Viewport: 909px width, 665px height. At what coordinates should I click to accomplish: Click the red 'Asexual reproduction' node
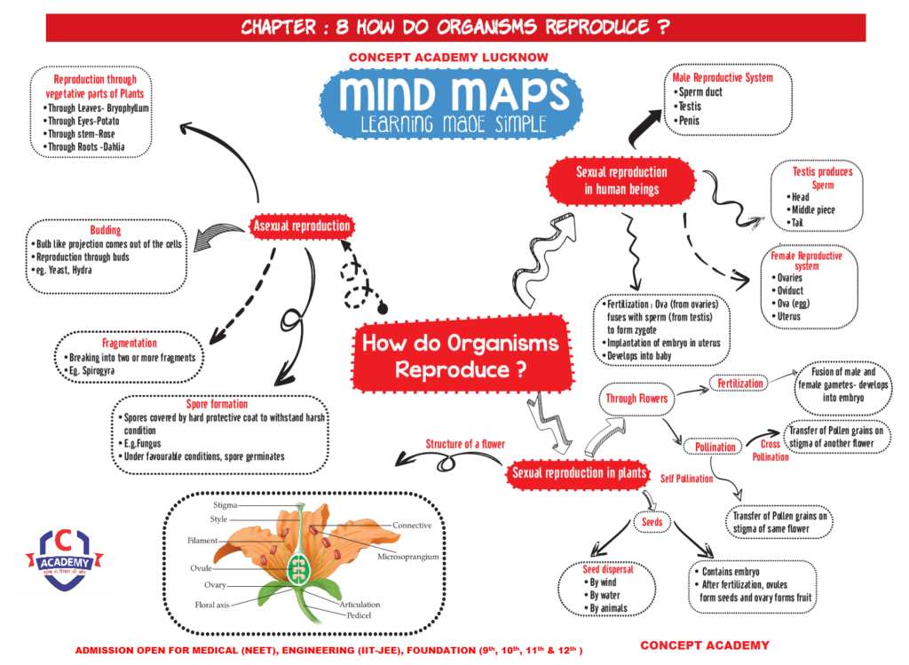tap(302, 226)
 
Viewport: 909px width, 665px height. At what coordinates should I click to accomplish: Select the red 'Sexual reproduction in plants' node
tap(579, 473)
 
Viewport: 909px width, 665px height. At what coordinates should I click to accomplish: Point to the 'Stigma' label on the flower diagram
tap(225, 504)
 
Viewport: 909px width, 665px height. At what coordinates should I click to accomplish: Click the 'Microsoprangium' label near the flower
tap(409, 558)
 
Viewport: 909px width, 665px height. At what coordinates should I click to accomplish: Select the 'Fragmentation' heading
tap(130, 343)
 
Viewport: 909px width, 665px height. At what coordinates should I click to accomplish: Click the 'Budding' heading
tap(106, 231)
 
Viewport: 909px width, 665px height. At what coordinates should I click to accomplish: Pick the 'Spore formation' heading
tap(217, 404)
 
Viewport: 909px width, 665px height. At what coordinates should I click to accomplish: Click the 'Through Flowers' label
tap(636, 399)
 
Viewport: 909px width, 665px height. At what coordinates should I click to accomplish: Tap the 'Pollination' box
tap(715, 447)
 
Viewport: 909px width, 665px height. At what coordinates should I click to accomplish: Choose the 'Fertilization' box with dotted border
tap(739, 384)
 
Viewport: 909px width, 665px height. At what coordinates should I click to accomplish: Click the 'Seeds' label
tap(652, 523)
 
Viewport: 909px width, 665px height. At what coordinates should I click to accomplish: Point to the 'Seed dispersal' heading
tap(609, 569)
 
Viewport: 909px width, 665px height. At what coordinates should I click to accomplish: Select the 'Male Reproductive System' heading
tap(723, 78)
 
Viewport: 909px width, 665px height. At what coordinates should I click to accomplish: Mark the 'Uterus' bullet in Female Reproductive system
tap(787, 316)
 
